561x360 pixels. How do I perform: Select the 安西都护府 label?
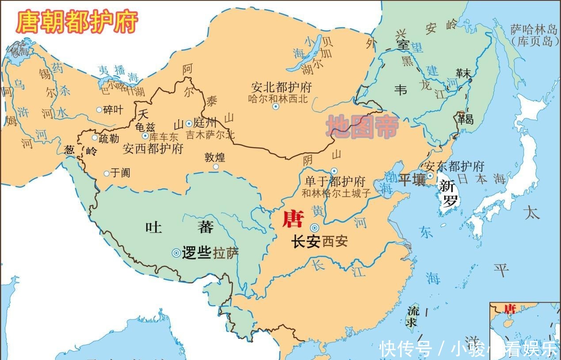[153, 148]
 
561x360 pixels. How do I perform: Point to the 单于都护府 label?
[335, 182]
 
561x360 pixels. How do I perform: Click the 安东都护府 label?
[454, 167]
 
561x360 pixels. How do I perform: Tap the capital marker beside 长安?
[314, 228]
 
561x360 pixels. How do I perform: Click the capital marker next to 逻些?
[176, 253]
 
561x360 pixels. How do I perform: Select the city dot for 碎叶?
[99, 110]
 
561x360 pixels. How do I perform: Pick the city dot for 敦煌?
[216, 167]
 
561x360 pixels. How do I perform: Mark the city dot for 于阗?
[107, 174]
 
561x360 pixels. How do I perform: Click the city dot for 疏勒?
[95, 138]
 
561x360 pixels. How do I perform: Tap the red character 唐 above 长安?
[293, 219]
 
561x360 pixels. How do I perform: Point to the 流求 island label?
[412, 315]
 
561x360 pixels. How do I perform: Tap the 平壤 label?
[411, 180]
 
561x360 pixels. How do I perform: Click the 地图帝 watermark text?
[363, 127]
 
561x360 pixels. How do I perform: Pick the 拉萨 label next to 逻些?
[226, 253]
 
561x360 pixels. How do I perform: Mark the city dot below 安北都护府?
[276, 106]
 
